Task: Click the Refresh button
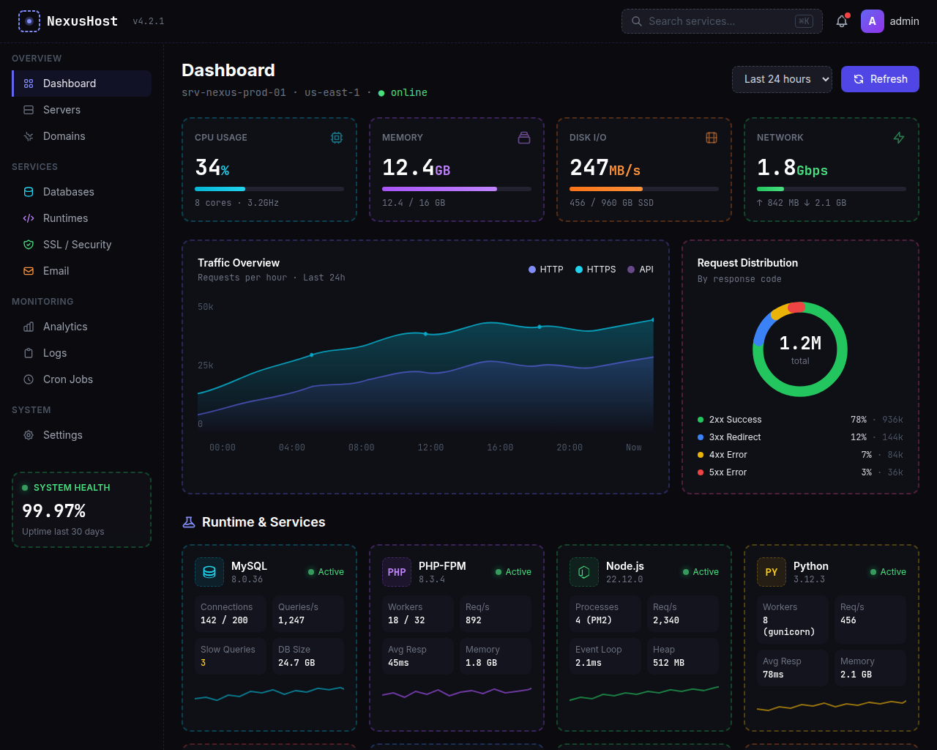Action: [x=880, y=79]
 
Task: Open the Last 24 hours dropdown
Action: [x=782, y=79]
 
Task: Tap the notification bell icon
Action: [x=842, y=21]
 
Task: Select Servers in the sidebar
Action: [x=61, y=110]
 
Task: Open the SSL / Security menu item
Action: [x=77, y=245]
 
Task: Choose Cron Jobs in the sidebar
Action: [x=67, y=379]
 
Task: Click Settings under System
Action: [x=62, y=435]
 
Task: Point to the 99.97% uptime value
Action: [x=54, y=510]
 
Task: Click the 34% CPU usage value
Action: [x=212, y=168]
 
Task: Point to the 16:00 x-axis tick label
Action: [x=500, y=448]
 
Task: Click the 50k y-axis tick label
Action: [x=206, y=307]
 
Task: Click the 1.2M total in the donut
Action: [x=800, y=344]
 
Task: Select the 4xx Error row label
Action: [x=728, y=455]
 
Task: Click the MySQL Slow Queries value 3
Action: [x=204, y=663]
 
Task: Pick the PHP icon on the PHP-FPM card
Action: [x=397, y=572]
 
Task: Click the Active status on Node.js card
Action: [x=701, y=572]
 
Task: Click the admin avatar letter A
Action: [x=872, y=21]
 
